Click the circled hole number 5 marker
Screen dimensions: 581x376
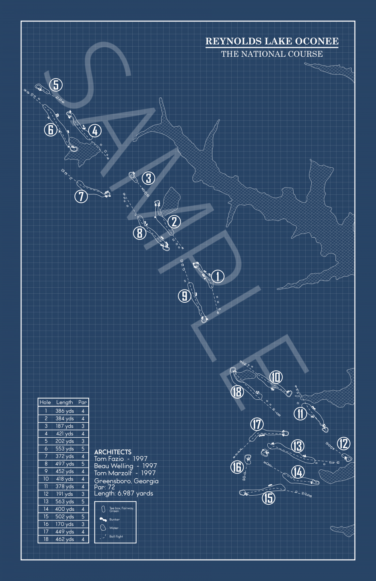click(x=56, y=85)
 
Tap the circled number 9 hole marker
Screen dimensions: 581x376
click(x=184, y=296)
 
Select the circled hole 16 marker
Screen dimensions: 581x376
click(x=237, y=467)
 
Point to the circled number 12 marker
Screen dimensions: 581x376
click(x=344, y=444)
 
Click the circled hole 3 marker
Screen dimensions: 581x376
click(x=149, y=178)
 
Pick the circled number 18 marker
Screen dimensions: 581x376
click(x=237, y=392)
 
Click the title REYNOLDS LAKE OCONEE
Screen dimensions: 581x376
click(x=272, y=41)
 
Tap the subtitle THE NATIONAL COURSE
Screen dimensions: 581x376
click(x=272, y=54)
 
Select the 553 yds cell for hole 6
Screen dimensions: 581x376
click(x=65, y=449)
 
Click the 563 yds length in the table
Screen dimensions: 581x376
click(x=65, y=501)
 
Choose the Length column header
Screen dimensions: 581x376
click(x=64, y=402)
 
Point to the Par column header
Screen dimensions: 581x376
click(x=83, y=402)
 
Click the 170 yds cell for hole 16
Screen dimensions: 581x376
click(x=65, y=524)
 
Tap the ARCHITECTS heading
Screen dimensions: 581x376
click(x=113, y=452)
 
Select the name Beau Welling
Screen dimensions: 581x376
click(x=114, y=466)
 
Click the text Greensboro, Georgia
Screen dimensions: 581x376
click(x=126, y=481)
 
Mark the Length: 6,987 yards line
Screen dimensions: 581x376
click(x=124, y=493)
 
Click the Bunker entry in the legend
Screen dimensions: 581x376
click(x=114, y=519)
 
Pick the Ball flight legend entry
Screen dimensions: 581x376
click(x=116, y=537)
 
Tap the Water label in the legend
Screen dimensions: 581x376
click(x=114, y=528)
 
